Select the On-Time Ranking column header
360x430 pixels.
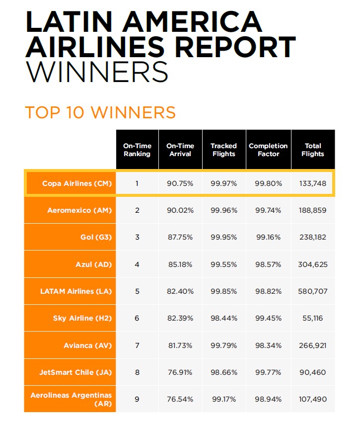137,150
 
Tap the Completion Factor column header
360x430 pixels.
268,150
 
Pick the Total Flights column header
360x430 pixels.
313,150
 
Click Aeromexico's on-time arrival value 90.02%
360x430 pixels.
180,210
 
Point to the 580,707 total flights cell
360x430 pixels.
313,291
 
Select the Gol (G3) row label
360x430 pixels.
96,237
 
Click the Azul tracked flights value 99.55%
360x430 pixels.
223,264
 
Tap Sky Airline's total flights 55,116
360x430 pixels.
313,318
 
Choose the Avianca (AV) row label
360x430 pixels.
88,345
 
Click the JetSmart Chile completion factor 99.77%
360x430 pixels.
268,372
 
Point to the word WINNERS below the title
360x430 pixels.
96,72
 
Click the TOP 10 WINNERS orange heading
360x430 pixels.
100,112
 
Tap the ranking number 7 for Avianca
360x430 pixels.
137,345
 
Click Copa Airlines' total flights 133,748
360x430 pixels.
313,183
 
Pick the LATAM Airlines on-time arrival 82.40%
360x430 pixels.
180,291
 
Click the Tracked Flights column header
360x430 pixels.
223,150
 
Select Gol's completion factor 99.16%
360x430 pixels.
268,237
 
